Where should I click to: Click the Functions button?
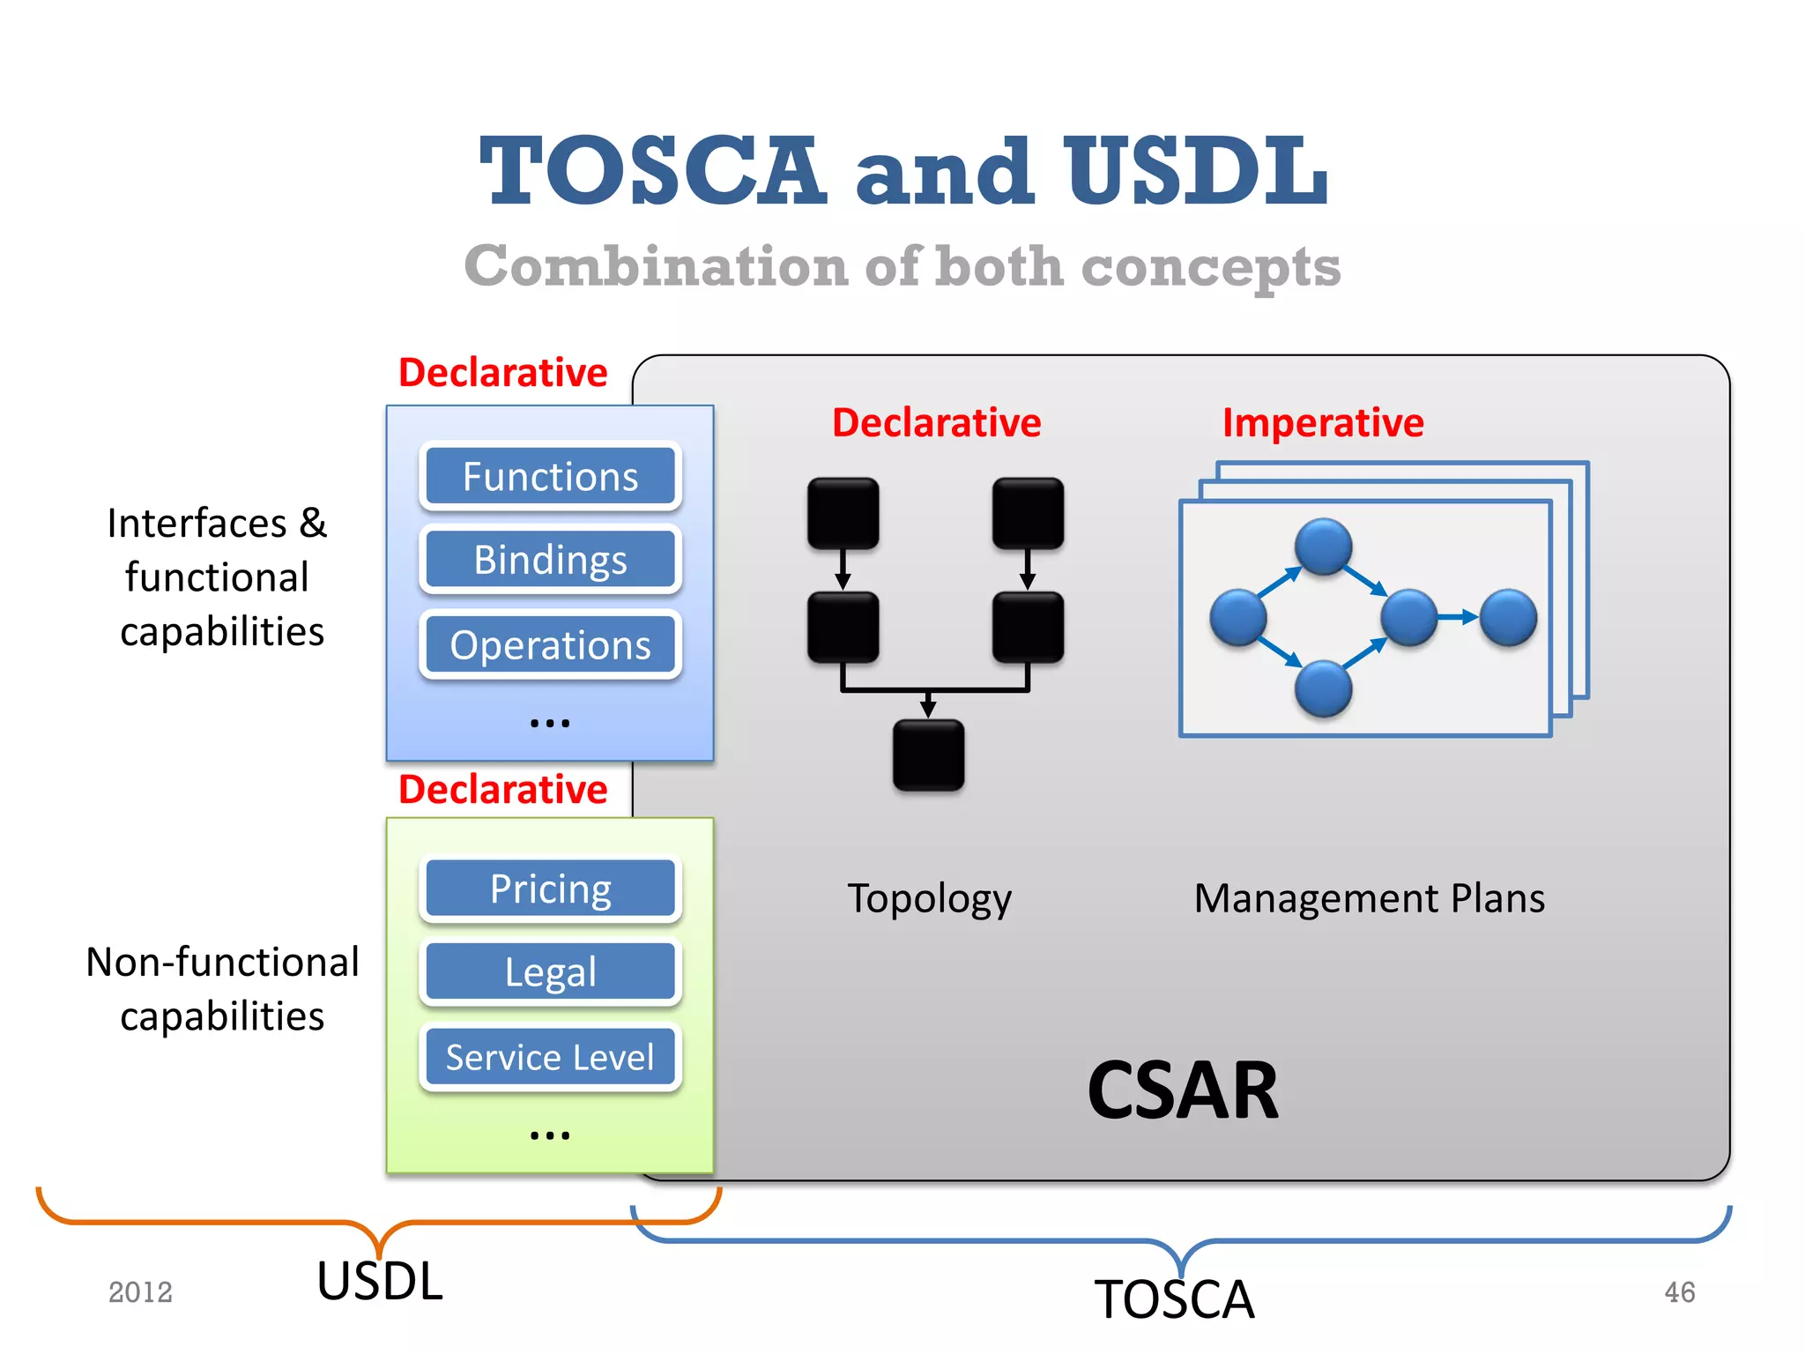point(550,476)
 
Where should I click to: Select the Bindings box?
point(550,560)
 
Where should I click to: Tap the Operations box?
point(550,644)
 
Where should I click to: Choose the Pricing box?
point(550,889)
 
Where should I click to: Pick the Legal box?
point(550,972)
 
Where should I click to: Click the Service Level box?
point(550,1057)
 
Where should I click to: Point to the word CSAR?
point(1182,1090)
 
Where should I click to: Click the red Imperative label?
point(1322,423)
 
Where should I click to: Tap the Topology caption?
point(929,899)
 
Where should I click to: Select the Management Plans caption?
point(1369,899)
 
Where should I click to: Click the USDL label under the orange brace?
point(380,1281)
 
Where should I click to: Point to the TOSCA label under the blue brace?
point(1174,1299)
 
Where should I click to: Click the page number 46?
point(1679,1292)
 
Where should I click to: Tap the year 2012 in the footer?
point(140,1292)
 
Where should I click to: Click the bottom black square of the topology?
point(928,755)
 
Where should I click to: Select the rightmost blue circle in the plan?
point(1508,617)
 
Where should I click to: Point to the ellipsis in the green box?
point(550,1135)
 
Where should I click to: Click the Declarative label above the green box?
point(502,789)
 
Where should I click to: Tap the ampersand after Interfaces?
point(313,523)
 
